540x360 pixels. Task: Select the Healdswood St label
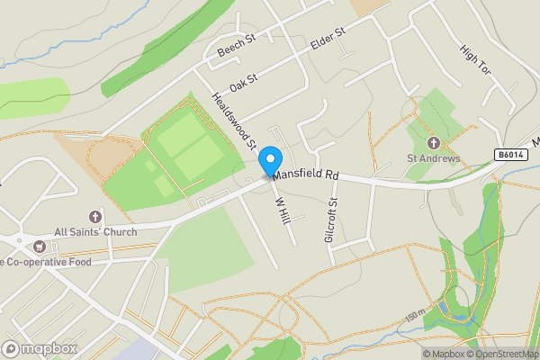233,119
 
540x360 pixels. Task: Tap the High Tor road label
473,59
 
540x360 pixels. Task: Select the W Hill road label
281,212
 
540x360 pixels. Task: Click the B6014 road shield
508,155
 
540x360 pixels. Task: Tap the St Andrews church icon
433,143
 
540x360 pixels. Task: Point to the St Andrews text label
433,159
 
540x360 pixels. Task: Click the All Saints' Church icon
95,217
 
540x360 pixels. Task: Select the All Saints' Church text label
95,232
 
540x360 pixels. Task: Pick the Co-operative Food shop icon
39,247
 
